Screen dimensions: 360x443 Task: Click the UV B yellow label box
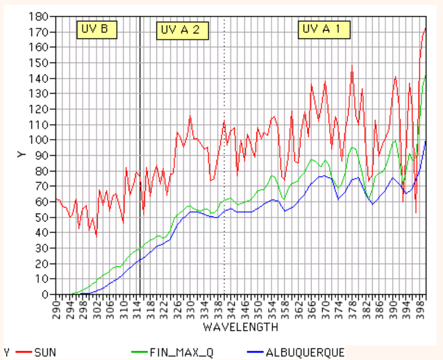[96, 29]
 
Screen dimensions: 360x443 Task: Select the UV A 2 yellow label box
[180, 30]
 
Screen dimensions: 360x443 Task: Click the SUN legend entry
[44, 352]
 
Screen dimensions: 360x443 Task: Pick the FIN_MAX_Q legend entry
[182, 352]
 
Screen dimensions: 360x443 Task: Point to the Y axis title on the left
[22, 154]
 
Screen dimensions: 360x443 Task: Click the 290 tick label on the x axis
[56, 307]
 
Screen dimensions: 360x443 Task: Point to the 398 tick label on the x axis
[419, 307]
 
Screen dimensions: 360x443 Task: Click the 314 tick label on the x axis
[137, 307]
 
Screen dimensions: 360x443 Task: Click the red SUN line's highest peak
[425, 28]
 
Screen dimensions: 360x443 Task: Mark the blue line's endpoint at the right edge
[426, 141]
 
